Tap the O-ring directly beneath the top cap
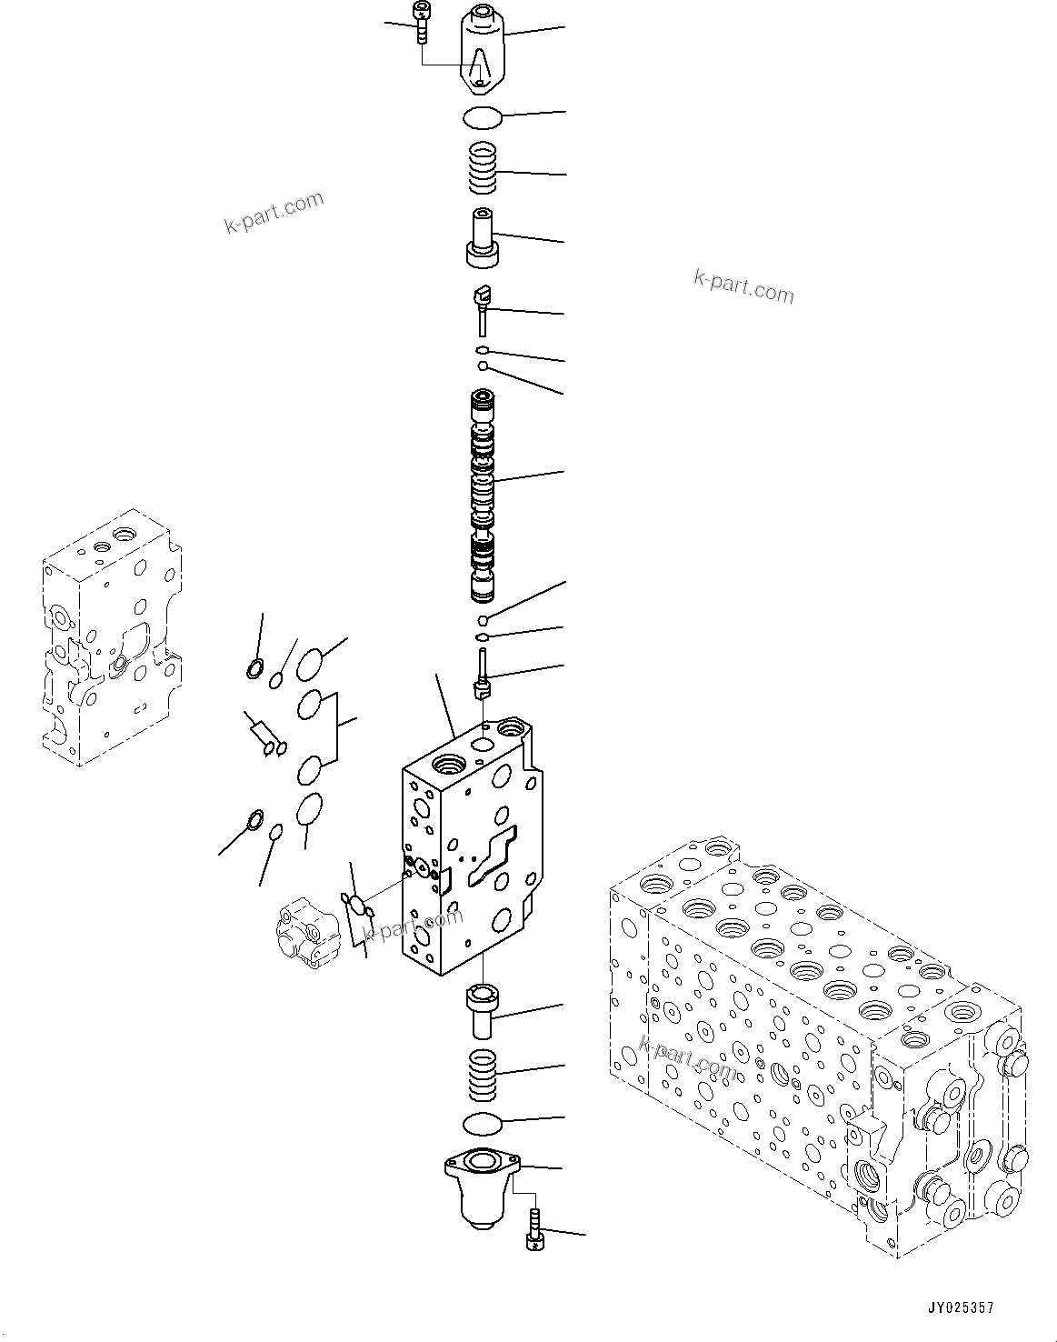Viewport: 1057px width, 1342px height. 482,118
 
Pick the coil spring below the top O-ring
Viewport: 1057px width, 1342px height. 483,169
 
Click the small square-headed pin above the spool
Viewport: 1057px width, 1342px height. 482,306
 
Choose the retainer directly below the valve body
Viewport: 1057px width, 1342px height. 482,1009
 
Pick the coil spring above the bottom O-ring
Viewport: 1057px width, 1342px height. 482,1073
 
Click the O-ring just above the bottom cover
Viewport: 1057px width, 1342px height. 482,1124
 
